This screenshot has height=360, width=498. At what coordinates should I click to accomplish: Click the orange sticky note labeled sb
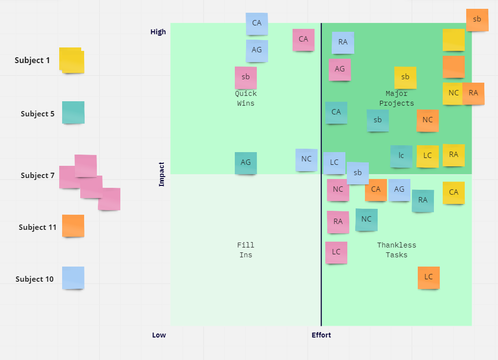tap(477, 20)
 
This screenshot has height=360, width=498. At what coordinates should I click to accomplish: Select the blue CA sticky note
tap(257, 24)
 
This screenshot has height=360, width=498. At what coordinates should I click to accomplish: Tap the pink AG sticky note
tap(340, 69)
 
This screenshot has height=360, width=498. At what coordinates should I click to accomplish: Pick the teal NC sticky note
tap(366, 220)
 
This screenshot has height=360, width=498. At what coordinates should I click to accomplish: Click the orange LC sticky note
tap(429, 277)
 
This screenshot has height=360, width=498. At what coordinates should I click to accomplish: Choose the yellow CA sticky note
tap(453, 193)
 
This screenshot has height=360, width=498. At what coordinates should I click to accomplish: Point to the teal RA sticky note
tap(423, 201)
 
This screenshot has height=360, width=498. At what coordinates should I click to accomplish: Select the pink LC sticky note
tap(336, 252)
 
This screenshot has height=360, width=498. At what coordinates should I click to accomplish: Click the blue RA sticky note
tap(343, 43)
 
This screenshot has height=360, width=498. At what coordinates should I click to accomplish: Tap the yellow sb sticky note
tap(405, 77)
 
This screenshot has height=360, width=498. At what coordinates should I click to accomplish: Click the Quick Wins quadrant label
tap(246, 98)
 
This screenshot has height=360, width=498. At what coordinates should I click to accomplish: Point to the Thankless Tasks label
tap(396, 250)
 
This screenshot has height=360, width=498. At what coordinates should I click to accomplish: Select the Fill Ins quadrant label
tap(246, 250)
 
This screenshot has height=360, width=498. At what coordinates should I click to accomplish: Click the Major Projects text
tap(396, 98)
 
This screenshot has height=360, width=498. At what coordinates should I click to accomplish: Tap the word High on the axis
tap(158, 32)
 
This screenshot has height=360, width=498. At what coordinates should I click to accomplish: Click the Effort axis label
tap(321, 335)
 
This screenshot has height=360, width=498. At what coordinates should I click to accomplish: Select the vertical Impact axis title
tap(161, 174)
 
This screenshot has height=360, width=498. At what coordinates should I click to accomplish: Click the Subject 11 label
tap(38, 227)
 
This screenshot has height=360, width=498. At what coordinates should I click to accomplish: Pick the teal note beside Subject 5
tap(73, 112)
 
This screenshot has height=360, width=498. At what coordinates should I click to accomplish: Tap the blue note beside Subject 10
tap(73, 278)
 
